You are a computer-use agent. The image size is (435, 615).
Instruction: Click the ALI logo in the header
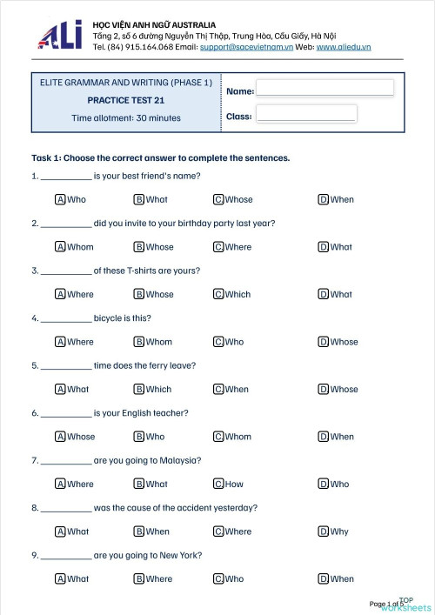(x=59, y=35)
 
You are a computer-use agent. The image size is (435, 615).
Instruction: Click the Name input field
(x=325, y=88)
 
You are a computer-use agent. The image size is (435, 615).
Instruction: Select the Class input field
(x=305, y=114)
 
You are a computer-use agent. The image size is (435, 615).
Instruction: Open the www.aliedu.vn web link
(x=344, y=47)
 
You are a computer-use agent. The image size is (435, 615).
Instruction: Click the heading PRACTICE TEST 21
(x=125, y=100)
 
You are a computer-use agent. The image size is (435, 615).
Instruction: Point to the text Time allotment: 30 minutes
(x=126, y=117)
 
